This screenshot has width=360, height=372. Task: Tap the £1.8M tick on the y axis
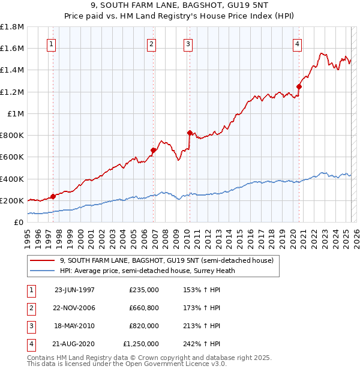click(12, 27)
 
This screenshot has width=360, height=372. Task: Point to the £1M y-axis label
click(16, 113)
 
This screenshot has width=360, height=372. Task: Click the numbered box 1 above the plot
click(51, 44)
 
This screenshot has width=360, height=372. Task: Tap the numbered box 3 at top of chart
click(188, 44)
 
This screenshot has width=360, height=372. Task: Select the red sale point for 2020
click(299, 86)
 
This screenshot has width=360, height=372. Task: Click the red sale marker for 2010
click(190, 133)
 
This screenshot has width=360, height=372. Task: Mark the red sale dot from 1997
click(53, 196)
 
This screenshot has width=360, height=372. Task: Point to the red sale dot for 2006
click(154, 150)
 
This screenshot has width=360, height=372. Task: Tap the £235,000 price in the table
click(144, 289)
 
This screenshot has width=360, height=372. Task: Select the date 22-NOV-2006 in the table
click(74, 308)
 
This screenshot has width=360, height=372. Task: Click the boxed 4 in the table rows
click(31, 344)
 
